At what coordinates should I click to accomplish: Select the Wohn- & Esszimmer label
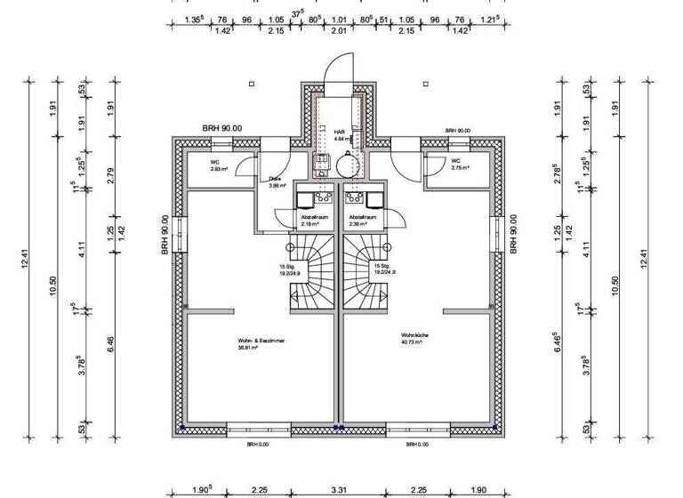261,343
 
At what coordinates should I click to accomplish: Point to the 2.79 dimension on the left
110,175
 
